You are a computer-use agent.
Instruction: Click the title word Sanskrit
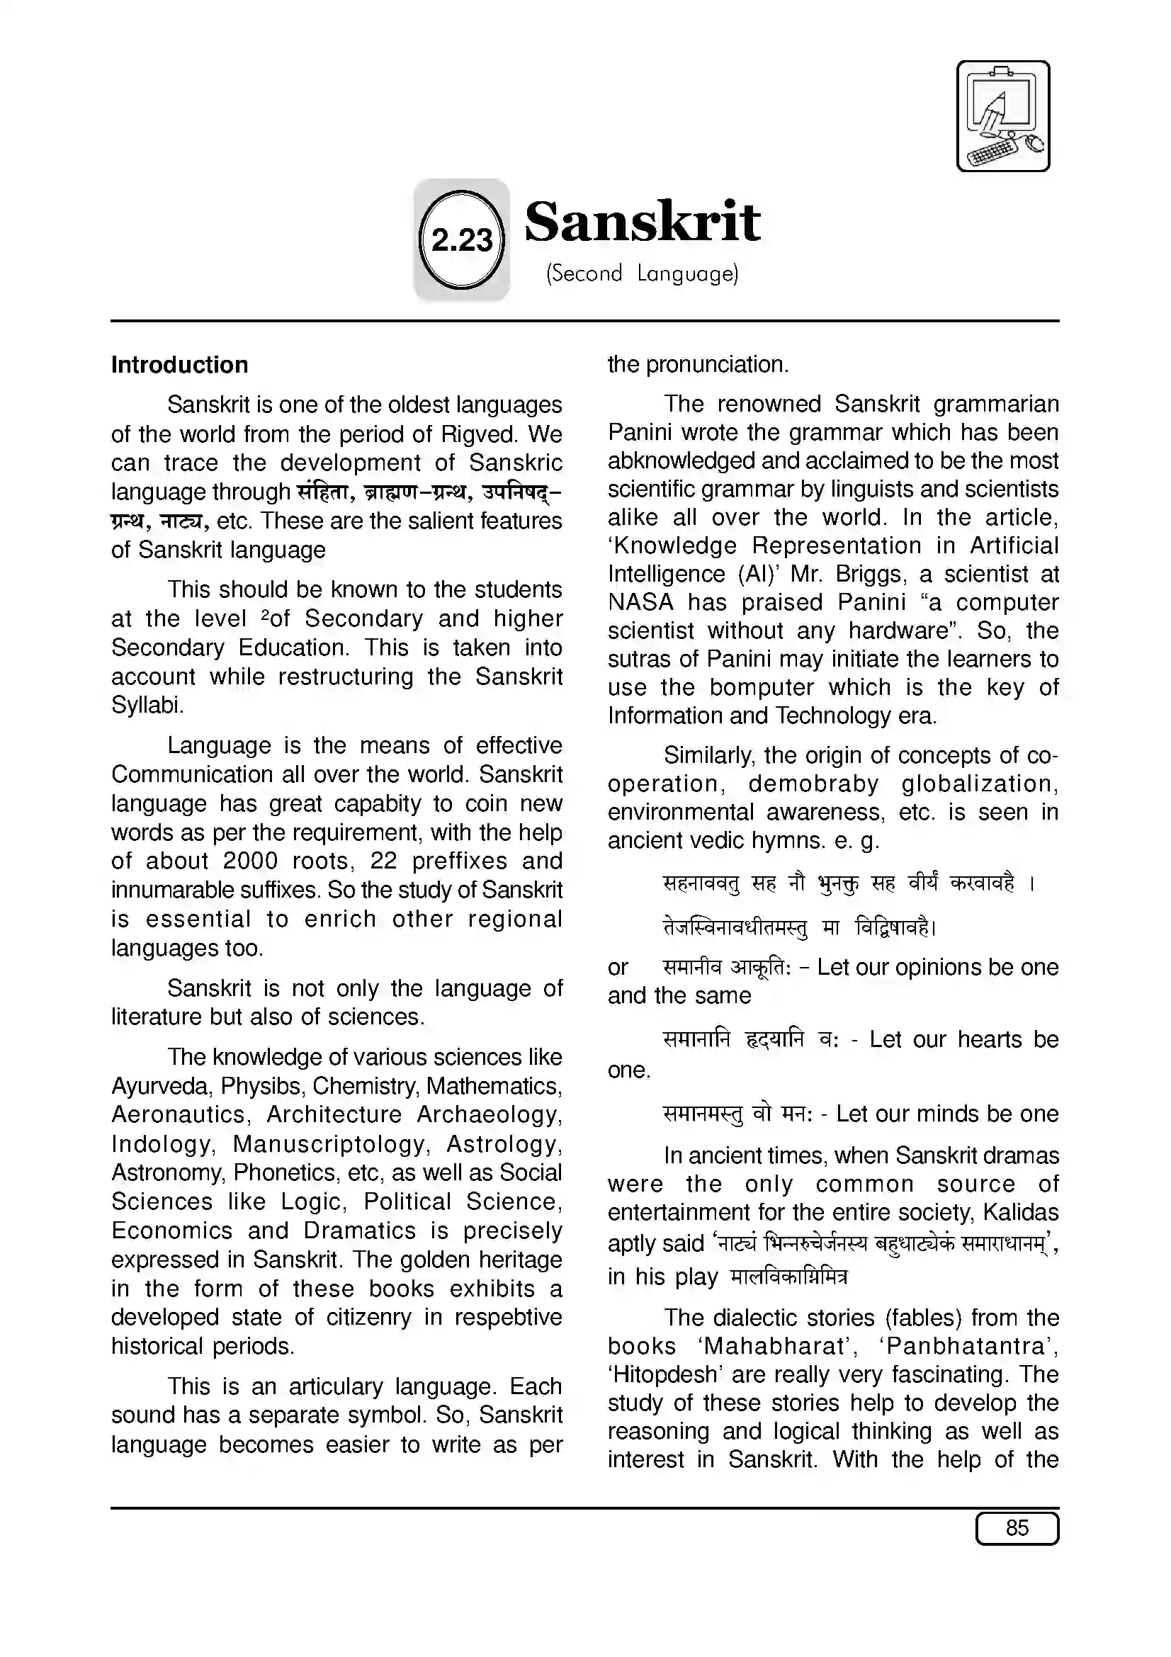(641, 222)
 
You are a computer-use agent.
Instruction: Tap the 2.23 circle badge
(461, 239)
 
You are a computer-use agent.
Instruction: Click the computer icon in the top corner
(1002, 116)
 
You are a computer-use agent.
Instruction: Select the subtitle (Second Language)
(641, 273)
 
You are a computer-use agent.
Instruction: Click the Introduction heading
(179, 364)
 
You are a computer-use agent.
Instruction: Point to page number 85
(1017, 1528)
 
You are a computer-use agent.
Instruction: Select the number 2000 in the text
(249, 861)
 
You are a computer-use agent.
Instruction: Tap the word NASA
(640, 602)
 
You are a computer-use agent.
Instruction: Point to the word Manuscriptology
(329, 1144)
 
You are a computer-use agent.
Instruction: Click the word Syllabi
(147, 705)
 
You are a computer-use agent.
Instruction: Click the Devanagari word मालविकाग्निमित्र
(789, 1277)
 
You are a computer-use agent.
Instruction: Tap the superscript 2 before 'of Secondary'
(265, 614)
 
